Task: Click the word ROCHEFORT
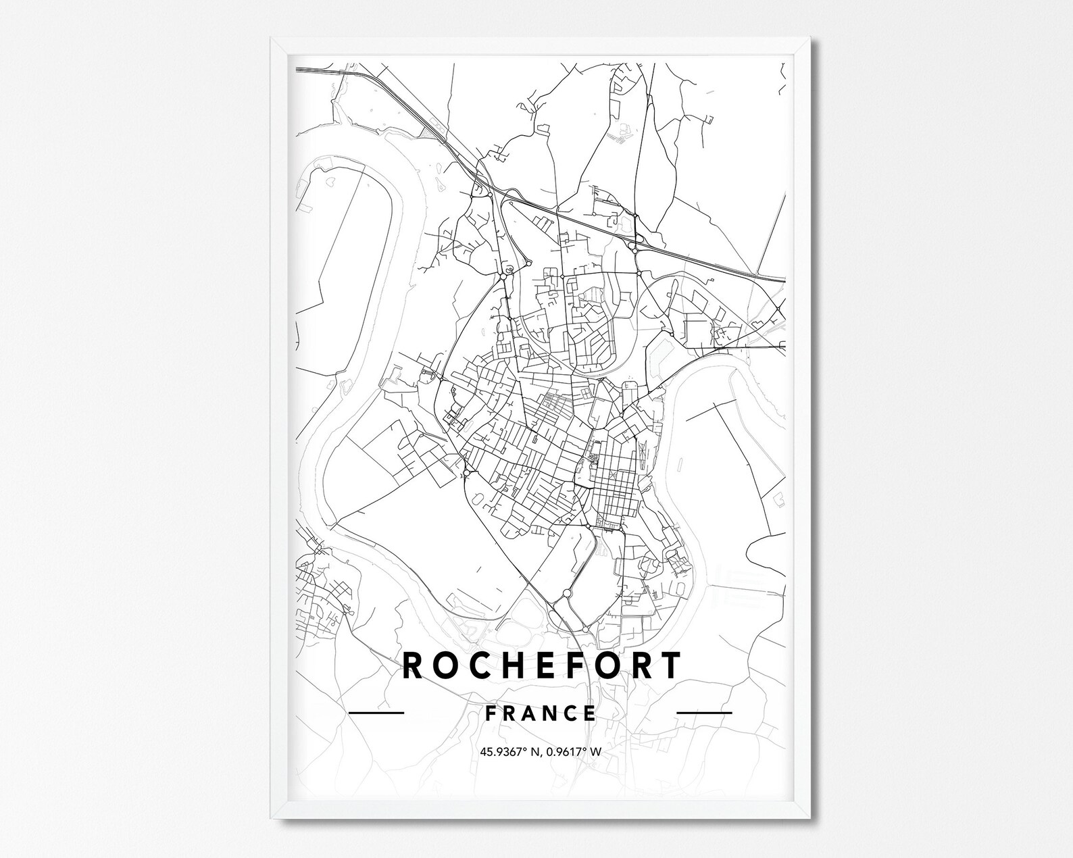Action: [x=541, y=665]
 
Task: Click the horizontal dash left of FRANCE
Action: [x=376, y=712]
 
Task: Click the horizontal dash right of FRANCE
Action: [x=705, y=712]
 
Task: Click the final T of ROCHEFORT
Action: [x=669, y=665]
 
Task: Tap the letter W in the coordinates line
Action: [x=597, y=751]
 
